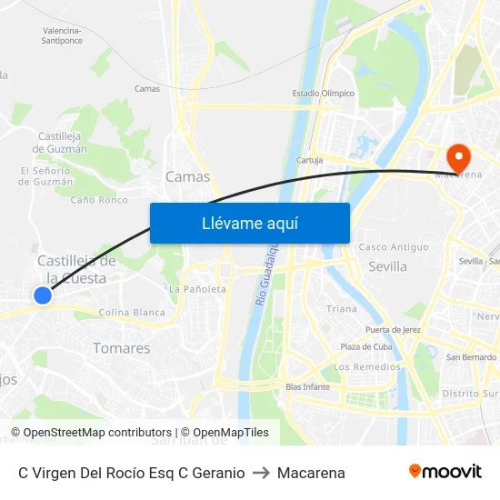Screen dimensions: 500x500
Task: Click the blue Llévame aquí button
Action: pos(249,223)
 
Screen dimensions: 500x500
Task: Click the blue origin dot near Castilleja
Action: pos(43,295)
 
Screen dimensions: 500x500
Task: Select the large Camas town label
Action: pos(187,176)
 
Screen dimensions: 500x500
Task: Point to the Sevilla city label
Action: pos(387,266)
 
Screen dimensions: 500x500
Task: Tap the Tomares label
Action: pos(122,348)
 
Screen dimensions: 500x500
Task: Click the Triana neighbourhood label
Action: pos(342,309)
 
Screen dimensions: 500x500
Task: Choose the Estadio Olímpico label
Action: pos(323,93)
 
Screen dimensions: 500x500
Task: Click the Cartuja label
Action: pos(310,160)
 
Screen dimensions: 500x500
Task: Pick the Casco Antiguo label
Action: pos(394,247)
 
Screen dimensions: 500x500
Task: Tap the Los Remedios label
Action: pos(367,367)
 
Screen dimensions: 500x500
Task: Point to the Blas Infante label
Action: pos(307,386)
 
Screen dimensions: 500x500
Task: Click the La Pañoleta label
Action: pos(197,289)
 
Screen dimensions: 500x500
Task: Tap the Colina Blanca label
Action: pos(132,312)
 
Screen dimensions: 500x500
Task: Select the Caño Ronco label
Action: pos(99,200)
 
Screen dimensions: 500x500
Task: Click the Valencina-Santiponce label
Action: pos(62,35)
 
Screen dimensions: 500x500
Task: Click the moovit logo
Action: pos(445,472)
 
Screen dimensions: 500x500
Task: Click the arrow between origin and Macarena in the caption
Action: pos(261,473)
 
